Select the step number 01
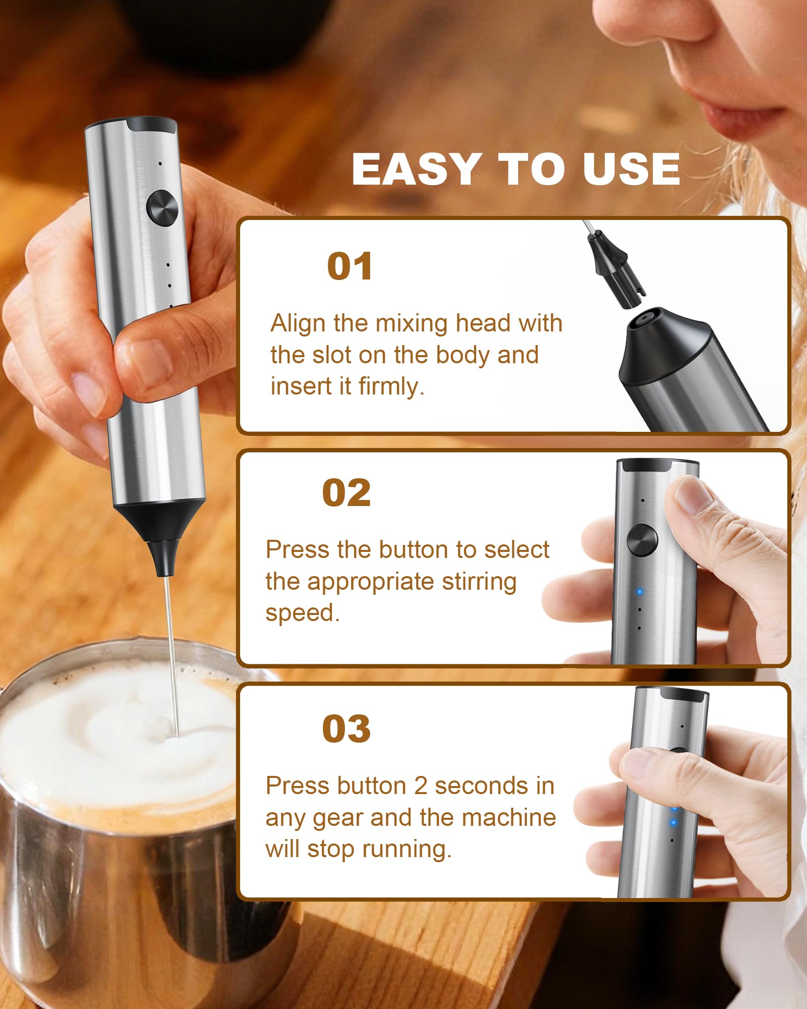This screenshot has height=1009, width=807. [x=350, y=267]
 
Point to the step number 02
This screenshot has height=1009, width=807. [x=347, y=493]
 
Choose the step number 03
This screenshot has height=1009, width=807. [x=347, y=729]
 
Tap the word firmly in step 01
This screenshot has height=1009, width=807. [x=391, y=386]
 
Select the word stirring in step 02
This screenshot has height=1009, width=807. [x=479, y=582]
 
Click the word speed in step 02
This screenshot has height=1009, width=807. [x=302, y=613]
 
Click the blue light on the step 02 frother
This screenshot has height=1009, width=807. [x=640, y=592]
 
